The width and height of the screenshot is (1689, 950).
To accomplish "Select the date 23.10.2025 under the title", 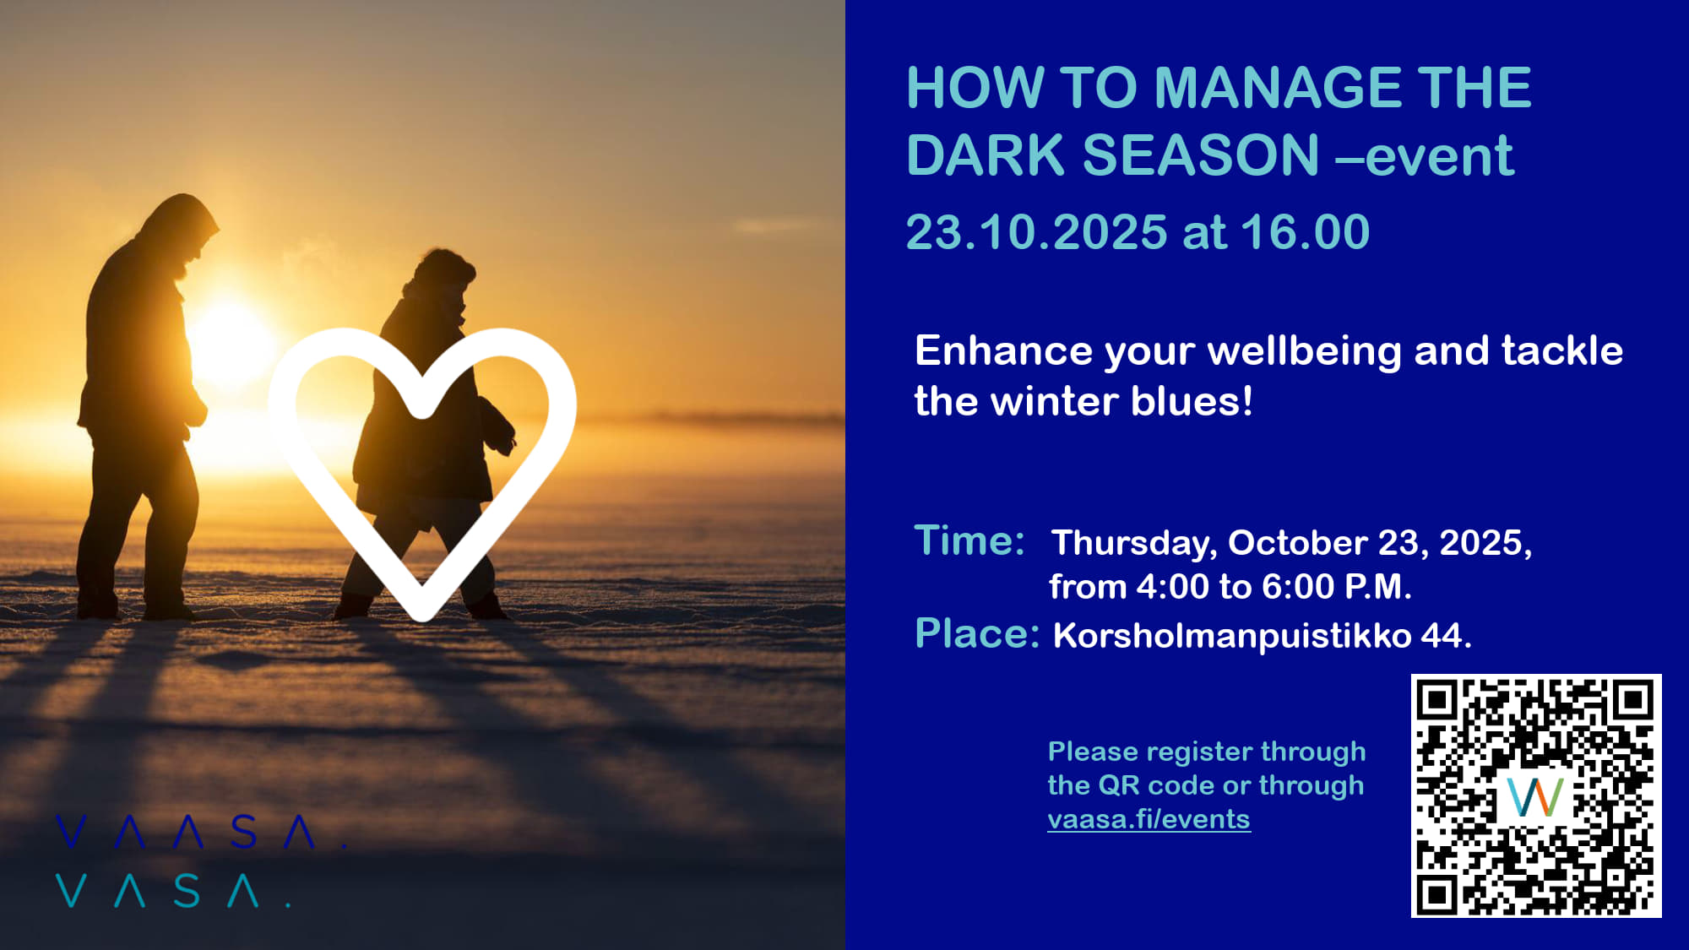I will pyautogui.click(x=1036, y=232).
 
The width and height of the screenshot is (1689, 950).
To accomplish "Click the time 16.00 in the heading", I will pyautogui.click(x=1305, y=232).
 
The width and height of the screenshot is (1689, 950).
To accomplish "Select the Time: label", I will pyautogui.click(x=969, y=540).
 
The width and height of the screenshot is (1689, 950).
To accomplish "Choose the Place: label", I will pyautogui.click(x=977, y=633).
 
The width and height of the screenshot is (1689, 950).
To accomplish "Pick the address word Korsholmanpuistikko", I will pyautogui.click(x=1231, y=636).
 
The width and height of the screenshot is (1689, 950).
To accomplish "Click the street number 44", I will pyautogui.click(x=1445, y=636).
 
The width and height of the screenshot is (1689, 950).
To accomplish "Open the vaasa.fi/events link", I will pyautogui.click(x=1149, y=819).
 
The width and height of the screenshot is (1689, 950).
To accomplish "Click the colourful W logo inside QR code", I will pyautogui.click(x=1535, y=796).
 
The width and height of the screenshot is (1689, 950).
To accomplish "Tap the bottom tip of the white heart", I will pyautogui.click(x=422, y=615).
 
